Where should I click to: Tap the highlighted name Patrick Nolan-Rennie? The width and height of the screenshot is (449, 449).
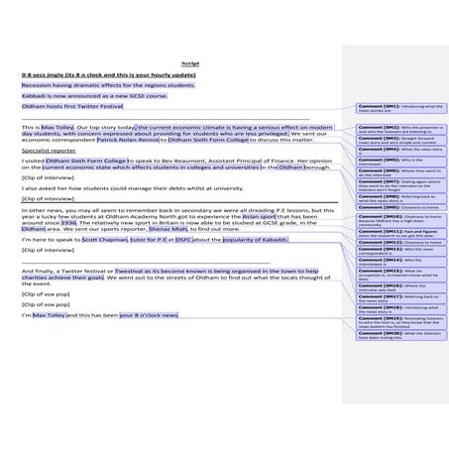(x=129, y=141)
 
